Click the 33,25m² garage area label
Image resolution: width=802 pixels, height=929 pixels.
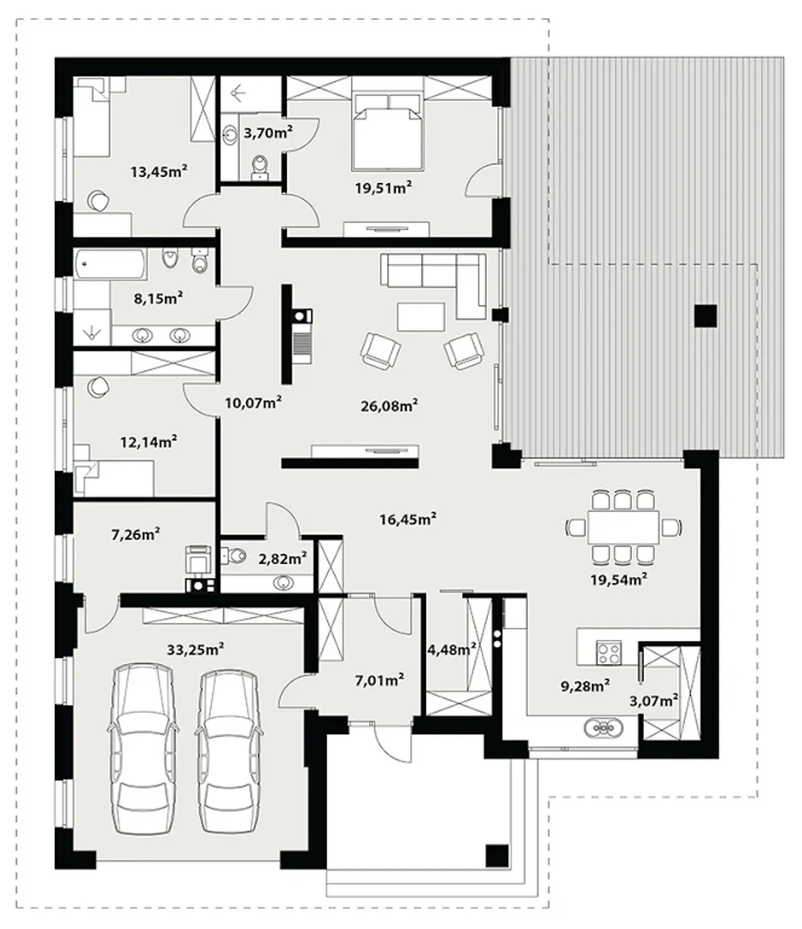tap(195, 649)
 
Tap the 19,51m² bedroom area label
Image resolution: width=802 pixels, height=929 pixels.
tap(383, 187)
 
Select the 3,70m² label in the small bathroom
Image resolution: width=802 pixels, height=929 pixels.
tap(268, 132)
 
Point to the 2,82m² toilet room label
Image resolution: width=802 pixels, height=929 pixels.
tap(283, 559)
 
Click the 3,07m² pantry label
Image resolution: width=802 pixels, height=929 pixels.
tap(654, 700)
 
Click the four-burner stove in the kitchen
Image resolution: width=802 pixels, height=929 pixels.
tap(608, 653)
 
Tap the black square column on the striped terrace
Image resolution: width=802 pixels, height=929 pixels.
tap(706, 316)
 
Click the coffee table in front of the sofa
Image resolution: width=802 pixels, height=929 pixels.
tap(421, 317)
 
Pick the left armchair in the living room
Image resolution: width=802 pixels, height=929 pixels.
tap(380, 351)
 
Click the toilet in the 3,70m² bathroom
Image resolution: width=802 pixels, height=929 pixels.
tap(259, 165)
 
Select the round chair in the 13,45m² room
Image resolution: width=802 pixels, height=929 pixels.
tap(98, 200)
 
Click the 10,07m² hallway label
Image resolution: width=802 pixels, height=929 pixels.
tap(253, 402)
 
